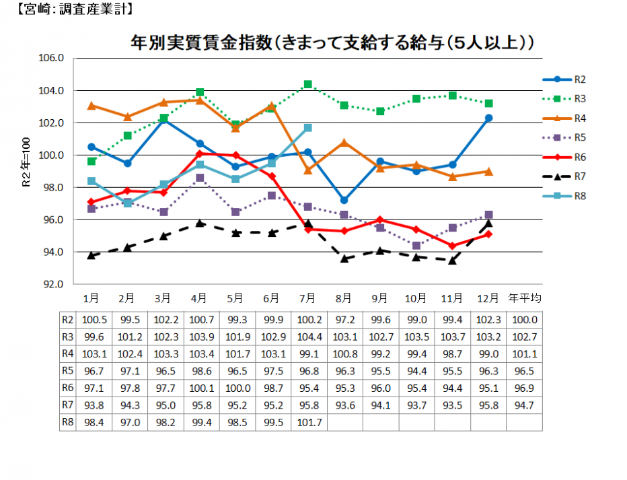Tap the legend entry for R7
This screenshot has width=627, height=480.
click(x=564, y=176)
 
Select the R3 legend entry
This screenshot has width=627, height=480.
click(x=564, y=99)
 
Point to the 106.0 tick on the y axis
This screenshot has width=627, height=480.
click(x=51, y=58)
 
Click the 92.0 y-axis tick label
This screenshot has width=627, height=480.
click(x=51, y=284)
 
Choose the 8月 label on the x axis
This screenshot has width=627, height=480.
click(x=344, y=298)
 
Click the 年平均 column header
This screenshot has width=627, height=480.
click(x=524, y=298)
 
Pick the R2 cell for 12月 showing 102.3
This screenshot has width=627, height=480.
click(x=488, y=320)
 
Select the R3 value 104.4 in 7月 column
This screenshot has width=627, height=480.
click(x=309, y=337)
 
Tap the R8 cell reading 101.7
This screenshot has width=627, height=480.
click(x=309, y=422)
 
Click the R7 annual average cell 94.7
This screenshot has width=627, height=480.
click(x=524, y=405)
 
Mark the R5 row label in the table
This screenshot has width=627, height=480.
click(x=67, y=371)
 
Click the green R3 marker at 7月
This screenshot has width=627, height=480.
click(x=308, y=84)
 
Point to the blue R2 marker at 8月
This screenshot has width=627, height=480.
click(x=344, y=200)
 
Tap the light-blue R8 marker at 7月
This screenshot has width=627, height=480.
click(x=308, y=128)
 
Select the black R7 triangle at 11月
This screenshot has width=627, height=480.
click(x=452, y=261)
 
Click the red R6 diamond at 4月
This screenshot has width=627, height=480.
click(x=200, y=153)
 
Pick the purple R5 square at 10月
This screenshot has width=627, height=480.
click(x=416, y=245)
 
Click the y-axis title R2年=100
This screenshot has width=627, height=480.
click(x=26, y=162)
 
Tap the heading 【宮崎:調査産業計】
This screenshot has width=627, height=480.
click(x=75, y=9)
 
